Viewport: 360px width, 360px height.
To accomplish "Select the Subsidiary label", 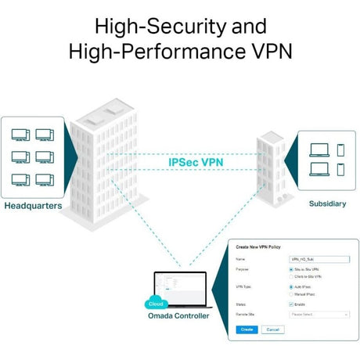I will pyautogui.click(x=326, y=203).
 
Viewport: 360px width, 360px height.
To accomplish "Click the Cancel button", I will pyautogui.click(x=271, y=329).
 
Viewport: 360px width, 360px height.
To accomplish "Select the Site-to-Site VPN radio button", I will pyautogui.click(x=291, y=269).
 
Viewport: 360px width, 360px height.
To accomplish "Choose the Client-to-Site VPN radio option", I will pyautogui.click(x=291, y=276).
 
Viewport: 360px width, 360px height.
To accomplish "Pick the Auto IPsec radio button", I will pyautogui.click(x=291, y=286).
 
